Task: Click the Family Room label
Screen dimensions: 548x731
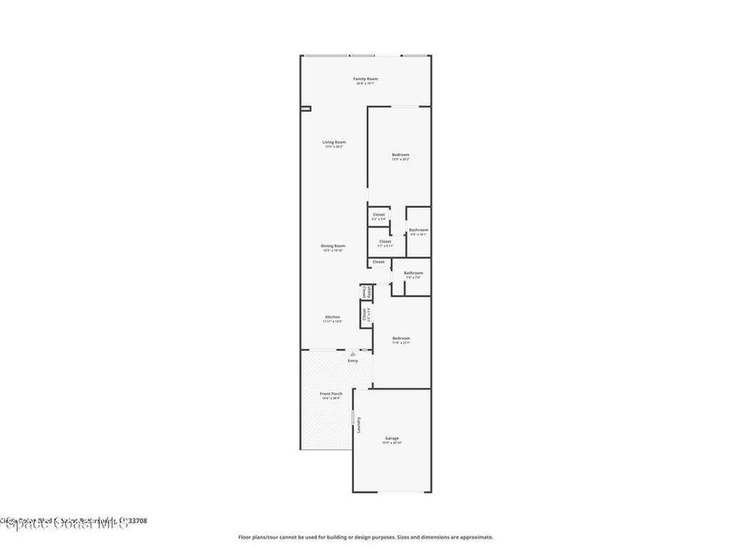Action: click(x=365, y=78)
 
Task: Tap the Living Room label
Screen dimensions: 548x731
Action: click(x=334, y=142)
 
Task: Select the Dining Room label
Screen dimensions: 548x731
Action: click(x=334, y=245)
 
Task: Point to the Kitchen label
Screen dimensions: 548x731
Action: click(x=333, y=317)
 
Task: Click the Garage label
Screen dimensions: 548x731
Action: click(x=392, y=438)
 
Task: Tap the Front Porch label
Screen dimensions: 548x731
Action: click(x=331, y=394)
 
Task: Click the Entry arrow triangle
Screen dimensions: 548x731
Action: click(x=353, y=353)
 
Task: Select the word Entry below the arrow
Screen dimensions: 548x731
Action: click(x=353, y=360)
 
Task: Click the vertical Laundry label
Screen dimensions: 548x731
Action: click(x=359, y=425)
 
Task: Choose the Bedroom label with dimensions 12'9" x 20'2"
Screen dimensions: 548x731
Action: click(x=400, y=155)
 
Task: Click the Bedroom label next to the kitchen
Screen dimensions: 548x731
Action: click(x=400, y=338)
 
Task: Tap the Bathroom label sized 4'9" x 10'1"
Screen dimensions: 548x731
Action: click(x=418, y=230)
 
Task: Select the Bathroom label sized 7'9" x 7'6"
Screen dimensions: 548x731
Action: click(x=413, y=273)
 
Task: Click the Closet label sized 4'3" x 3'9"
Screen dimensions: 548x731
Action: click(x=378, y=214)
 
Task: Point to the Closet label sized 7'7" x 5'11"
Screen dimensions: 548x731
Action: click(x=385, y=241)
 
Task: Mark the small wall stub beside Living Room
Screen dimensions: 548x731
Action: click(x=306, y=108)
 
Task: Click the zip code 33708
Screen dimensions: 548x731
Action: click(x=138, y=521)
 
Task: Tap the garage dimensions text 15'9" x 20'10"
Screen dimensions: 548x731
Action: click(x=392, y=443)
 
